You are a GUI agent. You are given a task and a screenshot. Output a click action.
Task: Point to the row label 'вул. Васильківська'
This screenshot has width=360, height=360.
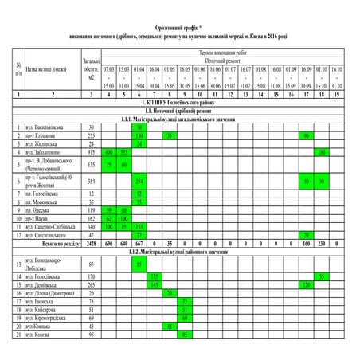pyautogui.click(x=43, y=127)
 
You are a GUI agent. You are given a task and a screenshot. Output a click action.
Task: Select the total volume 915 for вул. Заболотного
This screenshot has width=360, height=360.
pyautogui.click(x=91, y=151)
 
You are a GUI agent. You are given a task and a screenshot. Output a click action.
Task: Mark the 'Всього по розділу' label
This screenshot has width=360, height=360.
pyautogui.click(x=50, y=243)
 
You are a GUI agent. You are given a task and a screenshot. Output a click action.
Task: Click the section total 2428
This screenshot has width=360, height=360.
pyautogui.click(x=91, y=243)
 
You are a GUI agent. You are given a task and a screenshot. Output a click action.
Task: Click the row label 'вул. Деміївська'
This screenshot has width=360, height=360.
pyautogui.click(x=41, y=284)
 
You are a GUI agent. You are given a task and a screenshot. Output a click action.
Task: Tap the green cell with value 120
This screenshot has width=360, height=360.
pyautogui.click(x=306, y=284)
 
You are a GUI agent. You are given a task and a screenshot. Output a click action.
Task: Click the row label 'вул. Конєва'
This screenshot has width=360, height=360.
pyautogui.click(x=37, y=335)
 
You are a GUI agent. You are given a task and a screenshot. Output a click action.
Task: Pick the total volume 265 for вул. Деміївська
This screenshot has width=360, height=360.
pyautogui.click(x=91, y=284)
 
